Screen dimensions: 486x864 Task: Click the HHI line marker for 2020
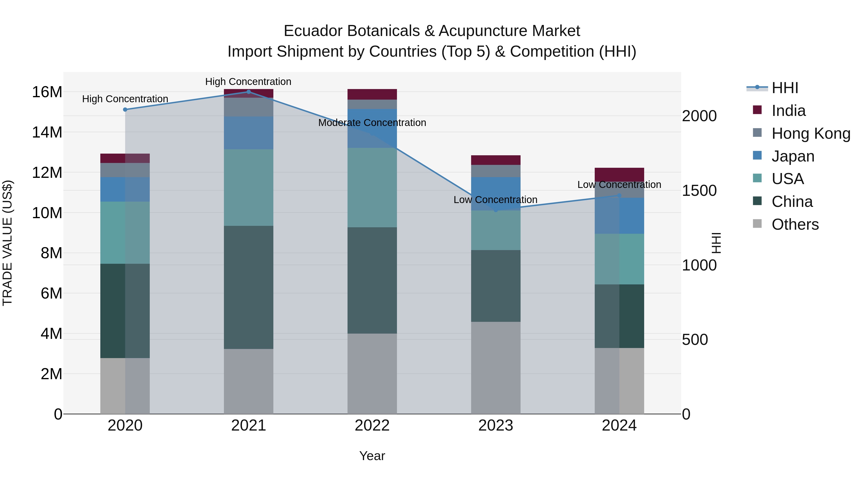pyautogui.click(x=125, y=110)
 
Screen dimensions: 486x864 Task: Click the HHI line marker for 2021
pyautogui.click(x=249, y=92)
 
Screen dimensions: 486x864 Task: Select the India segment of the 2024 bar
pyautogui.click(x=619, y=174)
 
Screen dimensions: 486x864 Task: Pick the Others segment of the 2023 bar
pyautogui.click(x=496, y=368)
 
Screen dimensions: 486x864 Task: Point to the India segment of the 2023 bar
pyautogui.click(x=496, y=160)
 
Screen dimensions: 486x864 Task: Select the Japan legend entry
pyautogui.click(x=792, y=156)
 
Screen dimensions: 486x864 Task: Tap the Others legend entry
pyautogui.click(x=795, y=224)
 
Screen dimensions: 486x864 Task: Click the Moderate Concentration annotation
pyautogui.click(x=372, y=123)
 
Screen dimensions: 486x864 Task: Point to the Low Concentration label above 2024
pyautogui.click(x=619, y=185)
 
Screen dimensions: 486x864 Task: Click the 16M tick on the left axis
pyautogui.click(x=47, y=92)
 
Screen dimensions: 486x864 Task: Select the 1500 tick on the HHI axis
pyautogui.click(x=699, y=191)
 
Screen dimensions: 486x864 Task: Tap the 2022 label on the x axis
pyautogui.click(x=372, y=426)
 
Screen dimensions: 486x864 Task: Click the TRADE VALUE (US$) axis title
pyautogui.click(x=7, y=243)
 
